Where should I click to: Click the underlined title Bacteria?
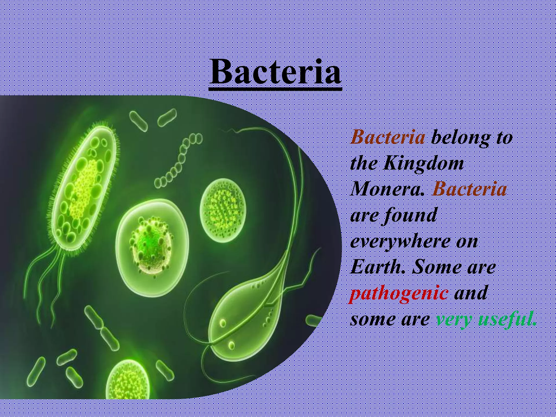275,72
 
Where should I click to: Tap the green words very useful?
486,320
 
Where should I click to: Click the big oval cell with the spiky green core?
152,247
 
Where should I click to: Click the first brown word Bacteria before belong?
388,137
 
